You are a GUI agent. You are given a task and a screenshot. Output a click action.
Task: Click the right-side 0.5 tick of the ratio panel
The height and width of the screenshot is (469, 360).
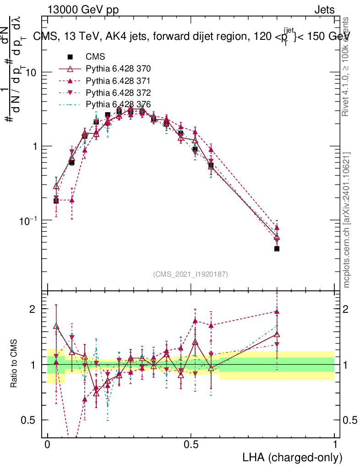click(x=349, y=420)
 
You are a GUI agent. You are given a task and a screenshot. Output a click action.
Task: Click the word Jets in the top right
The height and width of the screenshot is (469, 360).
click(x=324, y=10)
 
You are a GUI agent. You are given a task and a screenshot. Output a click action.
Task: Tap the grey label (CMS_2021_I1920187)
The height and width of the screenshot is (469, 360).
click(x=191, y=274)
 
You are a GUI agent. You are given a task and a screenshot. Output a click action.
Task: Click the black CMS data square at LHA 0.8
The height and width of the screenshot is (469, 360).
click(x=277, y=249)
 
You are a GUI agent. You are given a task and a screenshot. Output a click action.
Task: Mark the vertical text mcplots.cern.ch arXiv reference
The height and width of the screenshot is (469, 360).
click(x=347, y=220)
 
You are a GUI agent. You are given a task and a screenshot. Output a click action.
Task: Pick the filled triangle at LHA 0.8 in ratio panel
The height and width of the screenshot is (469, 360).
click(x=277, y=311)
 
